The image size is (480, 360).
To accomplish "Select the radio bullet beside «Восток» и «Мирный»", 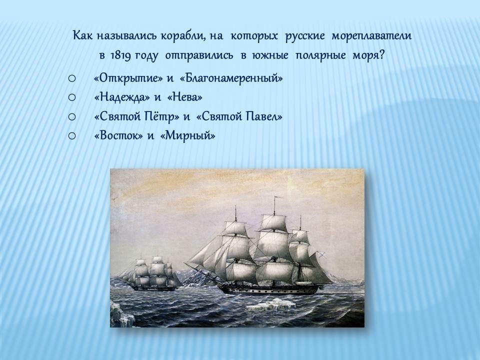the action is (x=72, y=135).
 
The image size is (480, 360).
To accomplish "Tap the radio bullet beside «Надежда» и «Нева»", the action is (x=72, y=97).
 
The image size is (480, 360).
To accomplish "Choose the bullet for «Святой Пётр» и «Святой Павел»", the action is (x=72, y=116).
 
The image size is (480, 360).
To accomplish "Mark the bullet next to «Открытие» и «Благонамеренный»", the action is (x=72, y=78).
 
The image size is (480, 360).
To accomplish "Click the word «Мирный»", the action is (x=187, y=135).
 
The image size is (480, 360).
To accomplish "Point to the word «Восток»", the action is (x=119, y=135).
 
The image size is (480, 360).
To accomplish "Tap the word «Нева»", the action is (x=185, y=97).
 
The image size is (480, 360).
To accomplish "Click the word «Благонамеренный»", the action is (x=231, y=78).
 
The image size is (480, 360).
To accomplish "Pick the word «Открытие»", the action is (x=128, y=78).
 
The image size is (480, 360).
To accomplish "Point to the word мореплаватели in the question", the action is (x=371, y=36).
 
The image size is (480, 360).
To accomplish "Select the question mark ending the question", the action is (x=381, y=55).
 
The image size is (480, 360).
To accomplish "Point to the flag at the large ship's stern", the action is (x=321, y=254).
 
